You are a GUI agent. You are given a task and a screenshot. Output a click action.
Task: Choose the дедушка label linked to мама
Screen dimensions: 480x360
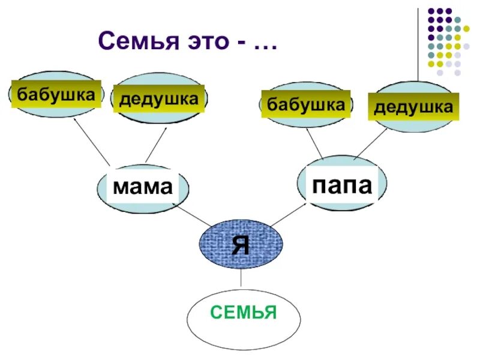[x=158, y=98]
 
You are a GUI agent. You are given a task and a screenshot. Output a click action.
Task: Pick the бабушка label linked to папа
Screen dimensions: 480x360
[x=306, y=105]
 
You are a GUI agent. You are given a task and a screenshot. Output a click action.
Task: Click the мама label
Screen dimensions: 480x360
[x=143, y=187]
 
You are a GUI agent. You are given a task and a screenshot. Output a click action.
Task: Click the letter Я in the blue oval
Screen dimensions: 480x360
[x=241, y=244]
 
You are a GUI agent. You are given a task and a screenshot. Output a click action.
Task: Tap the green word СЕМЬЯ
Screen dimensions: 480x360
[x=244, y=313]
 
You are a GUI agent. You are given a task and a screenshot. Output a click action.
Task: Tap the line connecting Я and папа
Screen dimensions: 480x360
[x=290, y=214]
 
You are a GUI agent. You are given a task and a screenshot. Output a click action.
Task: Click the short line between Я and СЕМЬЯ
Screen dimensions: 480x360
[x=241, y=277]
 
